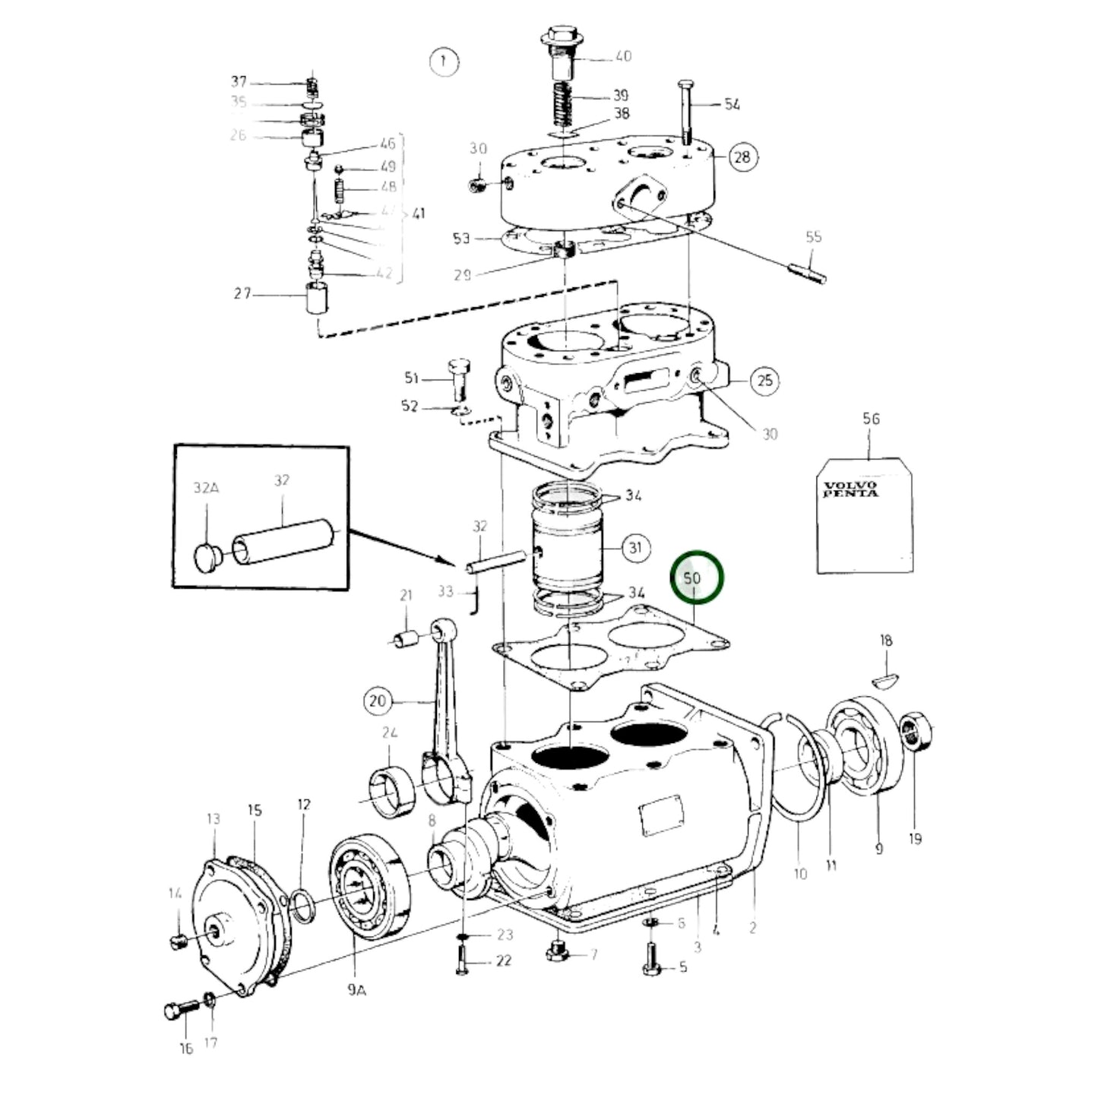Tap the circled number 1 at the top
coord(444,61)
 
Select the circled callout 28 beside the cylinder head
coord(742,157)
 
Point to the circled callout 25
coord(764,380)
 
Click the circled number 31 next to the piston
coord(635,547)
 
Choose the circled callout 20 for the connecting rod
coord(378,700)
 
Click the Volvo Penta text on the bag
coord(850,489)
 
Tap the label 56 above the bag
coord(871,419)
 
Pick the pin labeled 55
coord(806,270)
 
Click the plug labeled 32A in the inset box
coord(205,558)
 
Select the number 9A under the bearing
coord(356,991)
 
